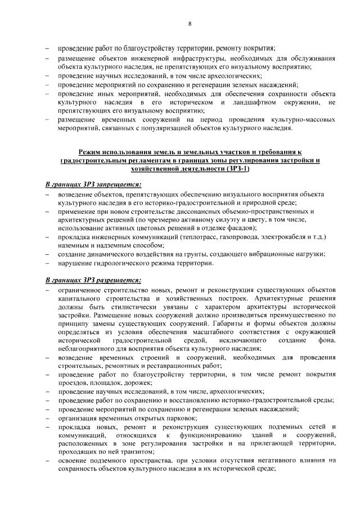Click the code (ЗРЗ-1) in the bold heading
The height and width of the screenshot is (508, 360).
pos(235,168)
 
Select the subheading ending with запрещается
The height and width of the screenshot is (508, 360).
pos(93,184)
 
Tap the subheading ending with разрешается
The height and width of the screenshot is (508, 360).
pos(93,279)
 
